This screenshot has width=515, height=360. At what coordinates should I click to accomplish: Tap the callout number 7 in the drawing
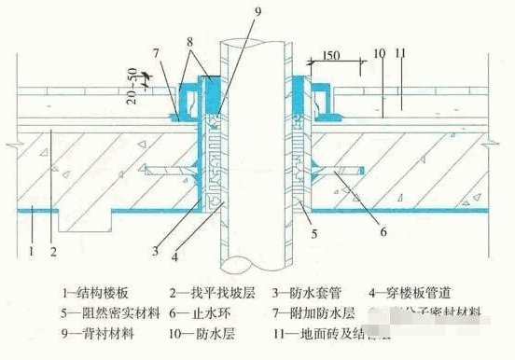158,53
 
